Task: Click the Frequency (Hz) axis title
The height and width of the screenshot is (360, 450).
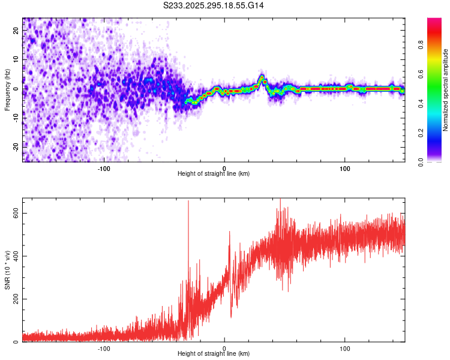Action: pos(7,89)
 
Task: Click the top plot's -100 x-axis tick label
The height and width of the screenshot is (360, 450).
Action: pos(104,167)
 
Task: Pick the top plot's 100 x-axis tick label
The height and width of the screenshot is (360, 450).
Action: pos(345,167)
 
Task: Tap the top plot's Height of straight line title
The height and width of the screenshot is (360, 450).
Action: pos(214,173)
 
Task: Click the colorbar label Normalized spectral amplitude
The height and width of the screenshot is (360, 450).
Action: pos(446,90)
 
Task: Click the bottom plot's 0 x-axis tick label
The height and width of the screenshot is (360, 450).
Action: pos(224,348)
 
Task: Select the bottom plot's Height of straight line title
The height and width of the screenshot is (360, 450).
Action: pos(214,353)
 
